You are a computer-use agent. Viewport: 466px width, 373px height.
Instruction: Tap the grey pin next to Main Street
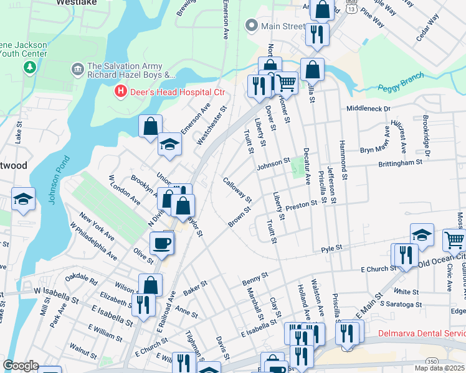pos(252,25)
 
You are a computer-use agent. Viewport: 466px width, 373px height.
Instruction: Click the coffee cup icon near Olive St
pos(162,242)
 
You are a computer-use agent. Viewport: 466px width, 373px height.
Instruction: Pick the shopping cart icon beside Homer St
pos(286,82)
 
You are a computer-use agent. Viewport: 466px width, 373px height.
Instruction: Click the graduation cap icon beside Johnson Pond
pos(23,199)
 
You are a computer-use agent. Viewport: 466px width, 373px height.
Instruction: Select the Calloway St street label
pos(237,190)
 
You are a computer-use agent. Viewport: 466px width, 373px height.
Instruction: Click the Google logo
pos(21,365)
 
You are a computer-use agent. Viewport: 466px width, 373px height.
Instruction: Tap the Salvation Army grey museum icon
pos(78,67)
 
